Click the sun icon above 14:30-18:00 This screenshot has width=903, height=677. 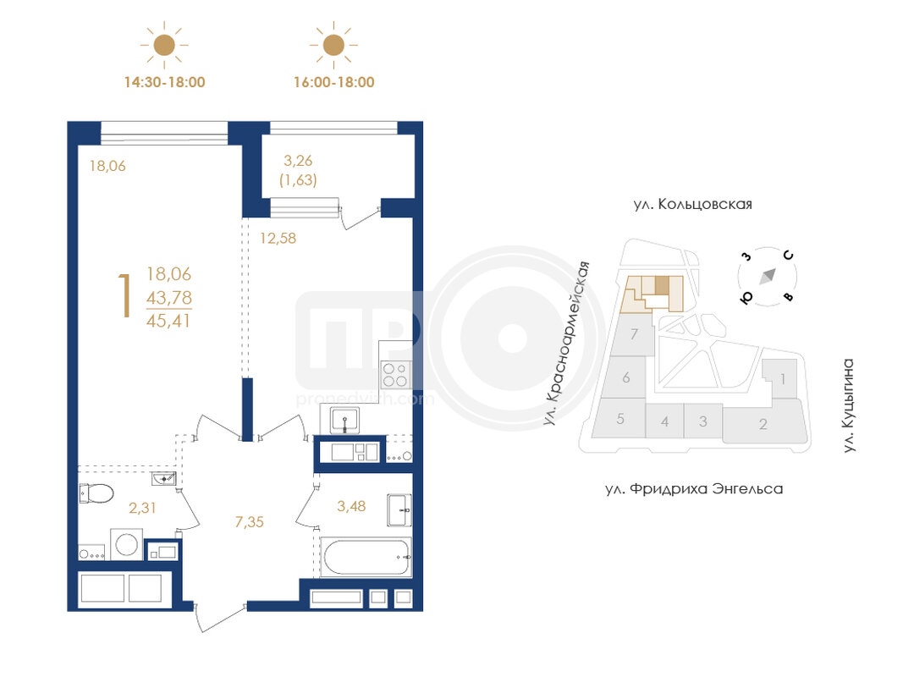pyautogui.click(x=164, y=45)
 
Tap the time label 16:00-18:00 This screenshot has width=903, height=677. pyautogui.click(x=334, y=82)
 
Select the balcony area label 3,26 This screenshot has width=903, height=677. pyautogui.click(x=298, y=161)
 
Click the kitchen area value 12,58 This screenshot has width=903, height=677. pyautogui.click(x=278, y=239)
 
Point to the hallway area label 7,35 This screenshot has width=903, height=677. pyautogui.click(x=250, y=522)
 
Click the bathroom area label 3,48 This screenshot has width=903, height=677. pyautogui.click(x=351, y=507)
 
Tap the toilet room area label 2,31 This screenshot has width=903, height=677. pyautogui.click(x=142, y=509)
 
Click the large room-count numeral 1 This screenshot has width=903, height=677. pyautogui.click(x=124, y=296)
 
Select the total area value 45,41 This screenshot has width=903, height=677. pyautogui.click(x=168, y=321)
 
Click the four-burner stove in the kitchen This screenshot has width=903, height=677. pyautogui.click(x=395, y=374)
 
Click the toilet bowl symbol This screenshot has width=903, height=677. pyautogui.click(x=96, y=494)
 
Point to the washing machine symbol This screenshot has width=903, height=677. pyautogui.click(x=127, y=543)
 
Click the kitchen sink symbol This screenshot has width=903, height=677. pyautogui.click(x=345, y=421)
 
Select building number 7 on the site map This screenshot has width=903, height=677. pyautogui.click(x=634, y=334)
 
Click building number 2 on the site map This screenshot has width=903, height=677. pyautogui.click(x=763, y=425)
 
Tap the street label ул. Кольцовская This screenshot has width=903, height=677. pyautogui.click(x=693, y=205)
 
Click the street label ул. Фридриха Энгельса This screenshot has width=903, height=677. pyautogui.click(x=694, y=489)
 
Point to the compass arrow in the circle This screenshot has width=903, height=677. pyautogui.click(x=768, y=277)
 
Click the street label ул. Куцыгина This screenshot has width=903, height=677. pyautogui.click(x=848, y=405)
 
